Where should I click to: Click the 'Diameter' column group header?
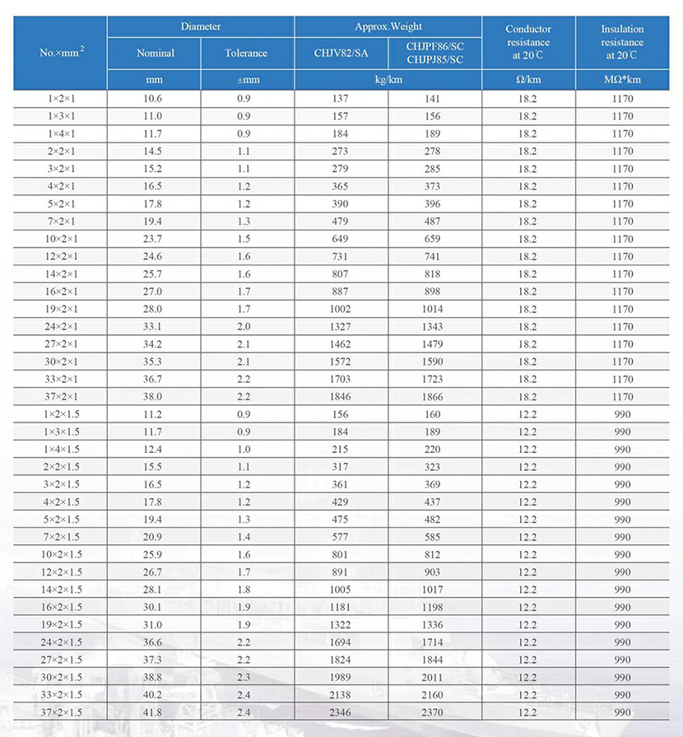coord(201,26)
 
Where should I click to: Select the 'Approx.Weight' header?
coord(388,26)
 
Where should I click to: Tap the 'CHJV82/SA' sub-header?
coord(341,54)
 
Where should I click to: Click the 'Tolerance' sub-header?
coord(246,54)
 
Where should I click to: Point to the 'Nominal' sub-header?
coord(155,54)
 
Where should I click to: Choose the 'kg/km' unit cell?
coord(388,80)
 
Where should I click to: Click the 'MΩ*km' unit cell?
coord(623,80)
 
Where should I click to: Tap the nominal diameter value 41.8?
coord(154,712)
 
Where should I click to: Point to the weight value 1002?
coord(341,309)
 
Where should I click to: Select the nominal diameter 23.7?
coord(154,239)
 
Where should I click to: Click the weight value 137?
coord(341,99)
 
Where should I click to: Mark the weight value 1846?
coord(341,396)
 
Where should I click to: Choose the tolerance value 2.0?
coord(245,327)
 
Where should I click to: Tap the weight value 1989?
coord(341,677)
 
